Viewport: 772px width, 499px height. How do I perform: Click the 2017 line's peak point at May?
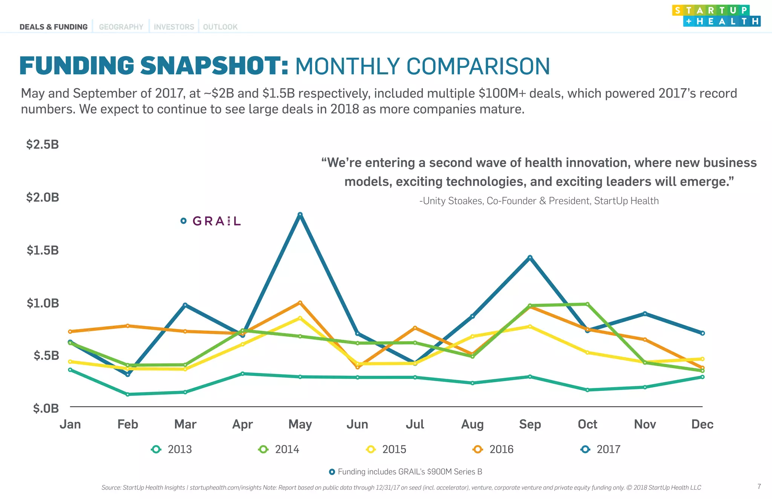tap(300, 215)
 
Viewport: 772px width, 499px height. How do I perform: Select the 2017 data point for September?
tap(530, 258)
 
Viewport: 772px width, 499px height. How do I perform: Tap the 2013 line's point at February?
tap(127, 394)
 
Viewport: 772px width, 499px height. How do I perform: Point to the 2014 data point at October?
tap(587, 304)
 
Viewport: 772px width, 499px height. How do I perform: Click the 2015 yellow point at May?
tap(300, 318)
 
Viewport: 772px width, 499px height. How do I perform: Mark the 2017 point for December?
tap(702, 333)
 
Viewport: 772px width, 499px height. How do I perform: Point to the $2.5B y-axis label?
tap(43, 145)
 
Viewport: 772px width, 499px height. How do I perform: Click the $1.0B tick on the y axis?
tap(43, 303)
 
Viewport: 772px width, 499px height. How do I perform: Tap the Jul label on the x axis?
tap(415, 424)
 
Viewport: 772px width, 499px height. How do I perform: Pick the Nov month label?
tap(645, 424)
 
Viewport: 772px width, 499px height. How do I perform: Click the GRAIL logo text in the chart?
tap(216, 221)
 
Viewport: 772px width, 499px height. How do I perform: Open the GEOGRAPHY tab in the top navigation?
tap(121, 27)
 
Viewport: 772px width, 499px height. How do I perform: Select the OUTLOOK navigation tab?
tap(220, 27)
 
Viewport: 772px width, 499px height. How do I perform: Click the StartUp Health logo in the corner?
tap(716, 16)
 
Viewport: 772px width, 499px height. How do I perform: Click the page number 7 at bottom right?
tap(759, 487)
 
